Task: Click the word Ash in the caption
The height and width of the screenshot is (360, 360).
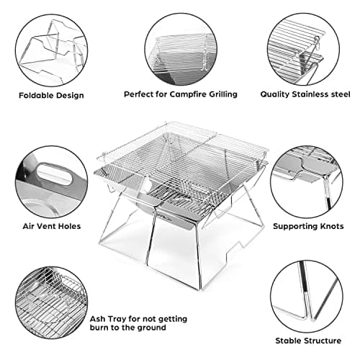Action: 97,319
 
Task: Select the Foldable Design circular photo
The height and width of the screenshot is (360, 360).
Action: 51,50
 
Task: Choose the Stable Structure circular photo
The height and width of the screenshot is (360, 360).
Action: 307,297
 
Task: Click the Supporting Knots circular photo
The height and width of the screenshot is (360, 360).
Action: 307,182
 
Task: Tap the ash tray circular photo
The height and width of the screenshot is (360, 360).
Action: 51,302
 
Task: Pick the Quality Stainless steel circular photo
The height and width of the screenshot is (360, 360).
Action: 303,49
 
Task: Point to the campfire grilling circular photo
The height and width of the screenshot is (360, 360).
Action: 181,49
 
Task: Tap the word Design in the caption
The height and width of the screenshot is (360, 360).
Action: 71,96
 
